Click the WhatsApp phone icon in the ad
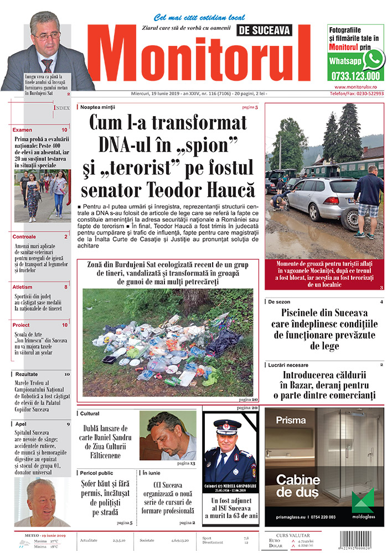pyautogui.click(x=374, y=59)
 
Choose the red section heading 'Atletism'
pyautogui.click(x=24, y=287)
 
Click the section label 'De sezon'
pyautogui.click(x=280, y=302)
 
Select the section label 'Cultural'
pyautogui.click(x=90, y=413)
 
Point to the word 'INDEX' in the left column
pyautogui.click(x=61, y=108)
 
